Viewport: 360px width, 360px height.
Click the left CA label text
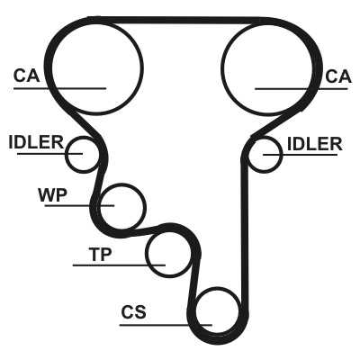click(x=26, y=76)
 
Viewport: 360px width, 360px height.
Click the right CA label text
click(x=338, y=76)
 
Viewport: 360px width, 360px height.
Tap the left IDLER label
click(x=36, y=142)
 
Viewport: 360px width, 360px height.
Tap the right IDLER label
click(x=315, y=144)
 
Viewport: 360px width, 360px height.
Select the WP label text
click(x=52, y=195)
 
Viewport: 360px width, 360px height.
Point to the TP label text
click(x=100, y=255)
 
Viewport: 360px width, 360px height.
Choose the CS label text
click(x=133, y=312)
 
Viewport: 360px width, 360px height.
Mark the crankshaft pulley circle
click(x=218, y=288)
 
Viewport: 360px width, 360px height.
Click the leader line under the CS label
click(x=166, y=325)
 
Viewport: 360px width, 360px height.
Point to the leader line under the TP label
click(x=119, y=265)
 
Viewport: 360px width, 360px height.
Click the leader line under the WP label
click(x=79, y=206)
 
